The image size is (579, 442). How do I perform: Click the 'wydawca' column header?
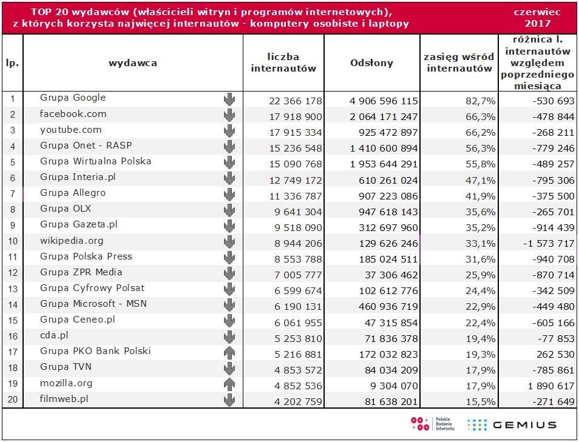[133, 63]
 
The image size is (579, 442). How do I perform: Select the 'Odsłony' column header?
[371, 63]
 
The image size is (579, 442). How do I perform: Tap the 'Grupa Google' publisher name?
[73, 98]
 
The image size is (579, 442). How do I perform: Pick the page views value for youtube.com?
[384, 132]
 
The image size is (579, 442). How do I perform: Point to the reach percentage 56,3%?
[480, 148]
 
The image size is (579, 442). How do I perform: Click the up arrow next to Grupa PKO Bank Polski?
[229, 352]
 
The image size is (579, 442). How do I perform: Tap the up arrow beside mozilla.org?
[229, 383]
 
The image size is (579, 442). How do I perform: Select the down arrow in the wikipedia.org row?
[229, 241]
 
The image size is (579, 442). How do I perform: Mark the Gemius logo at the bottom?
[512, 424]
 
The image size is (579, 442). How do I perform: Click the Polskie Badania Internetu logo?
[428, 424]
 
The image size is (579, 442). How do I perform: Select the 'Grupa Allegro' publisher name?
[73, 193]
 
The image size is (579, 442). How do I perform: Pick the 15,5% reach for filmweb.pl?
[480, 401]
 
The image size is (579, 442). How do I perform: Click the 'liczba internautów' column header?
[283, 63]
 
